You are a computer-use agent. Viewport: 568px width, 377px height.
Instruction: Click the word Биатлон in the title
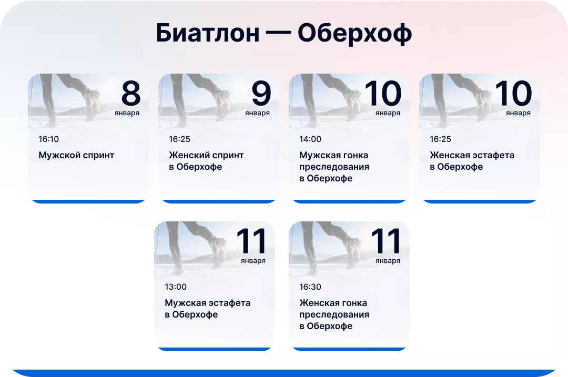coord(207,34)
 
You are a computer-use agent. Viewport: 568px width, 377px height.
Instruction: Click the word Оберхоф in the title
coord(354,34)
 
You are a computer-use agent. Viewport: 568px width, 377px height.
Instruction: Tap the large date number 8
coord(131,94)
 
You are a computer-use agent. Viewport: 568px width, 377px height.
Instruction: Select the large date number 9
coord(261,94)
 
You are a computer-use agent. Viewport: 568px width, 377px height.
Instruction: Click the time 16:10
coord(49,139)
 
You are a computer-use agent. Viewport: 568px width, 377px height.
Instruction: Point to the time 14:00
coord(310,139)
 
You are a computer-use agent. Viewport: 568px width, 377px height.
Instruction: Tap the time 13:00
coord(176,287)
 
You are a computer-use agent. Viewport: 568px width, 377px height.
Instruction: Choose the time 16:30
coord(310,287)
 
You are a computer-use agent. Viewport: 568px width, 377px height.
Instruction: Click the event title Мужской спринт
coord(76,155)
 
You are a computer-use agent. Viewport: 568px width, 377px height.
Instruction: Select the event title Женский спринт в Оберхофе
coord(206,161)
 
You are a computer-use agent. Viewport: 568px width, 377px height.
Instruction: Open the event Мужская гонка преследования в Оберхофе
coord(334,167)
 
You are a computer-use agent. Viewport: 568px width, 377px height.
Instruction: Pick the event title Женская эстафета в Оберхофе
coord(472,161)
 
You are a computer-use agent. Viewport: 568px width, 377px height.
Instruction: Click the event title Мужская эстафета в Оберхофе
coord(207,309)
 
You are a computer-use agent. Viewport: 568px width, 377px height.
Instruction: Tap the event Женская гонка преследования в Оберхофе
coord(334,314)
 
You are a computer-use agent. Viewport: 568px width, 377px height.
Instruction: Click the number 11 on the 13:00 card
coord(251,241)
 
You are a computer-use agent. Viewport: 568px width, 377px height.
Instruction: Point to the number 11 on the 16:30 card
coord(386,241)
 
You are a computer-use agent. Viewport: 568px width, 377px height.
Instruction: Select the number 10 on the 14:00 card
coord(383,94)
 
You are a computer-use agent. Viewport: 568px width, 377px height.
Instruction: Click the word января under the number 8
coord(127,113)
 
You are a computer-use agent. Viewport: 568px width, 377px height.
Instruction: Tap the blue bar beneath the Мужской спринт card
coord(88,201)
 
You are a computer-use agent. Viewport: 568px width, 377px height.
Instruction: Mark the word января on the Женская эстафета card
coord(518,113)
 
